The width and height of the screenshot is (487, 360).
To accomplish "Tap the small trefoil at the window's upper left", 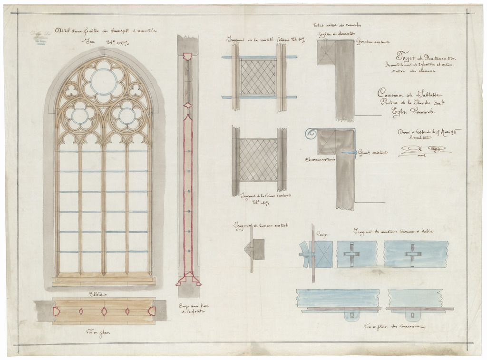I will pos(71,90).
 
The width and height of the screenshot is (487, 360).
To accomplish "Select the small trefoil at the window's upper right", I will pos(136,90).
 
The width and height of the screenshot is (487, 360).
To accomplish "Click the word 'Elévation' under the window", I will pos(98,294).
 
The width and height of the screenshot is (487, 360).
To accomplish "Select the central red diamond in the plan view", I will pos(104,311).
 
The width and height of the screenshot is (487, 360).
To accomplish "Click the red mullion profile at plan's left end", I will pos(56,311).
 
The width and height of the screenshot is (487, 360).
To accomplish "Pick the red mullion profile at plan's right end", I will pos(152,311).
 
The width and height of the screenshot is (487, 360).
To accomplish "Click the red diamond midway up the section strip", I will pos(188,105).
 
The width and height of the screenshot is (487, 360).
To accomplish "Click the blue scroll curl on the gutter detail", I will pos(311,134).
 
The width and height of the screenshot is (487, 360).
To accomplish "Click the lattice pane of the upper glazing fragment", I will pos(258,77).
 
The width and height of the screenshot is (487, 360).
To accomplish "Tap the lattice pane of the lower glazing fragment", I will pos(258,160).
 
